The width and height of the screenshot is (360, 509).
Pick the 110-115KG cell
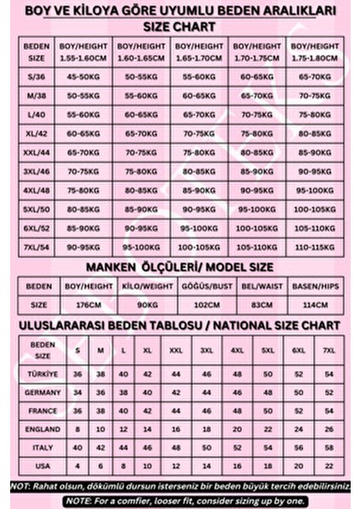click(x=309, y=249)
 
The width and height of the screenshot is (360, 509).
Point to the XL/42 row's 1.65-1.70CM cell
click(x=199, y=133)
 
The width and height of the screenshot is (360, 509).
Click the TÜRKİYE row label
click(x=42, y=374)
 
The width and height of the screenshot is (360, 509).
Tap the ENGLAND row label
click(x=42, y=429)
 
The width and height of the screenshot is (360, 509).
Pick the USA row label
click(x=42, y=467)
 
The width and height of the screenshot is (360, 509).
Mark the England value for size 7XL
click(x=327, y=429)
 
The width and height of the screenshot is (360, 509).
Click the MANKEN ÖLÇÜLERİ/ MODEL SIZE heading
click(x=179, y=268)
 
